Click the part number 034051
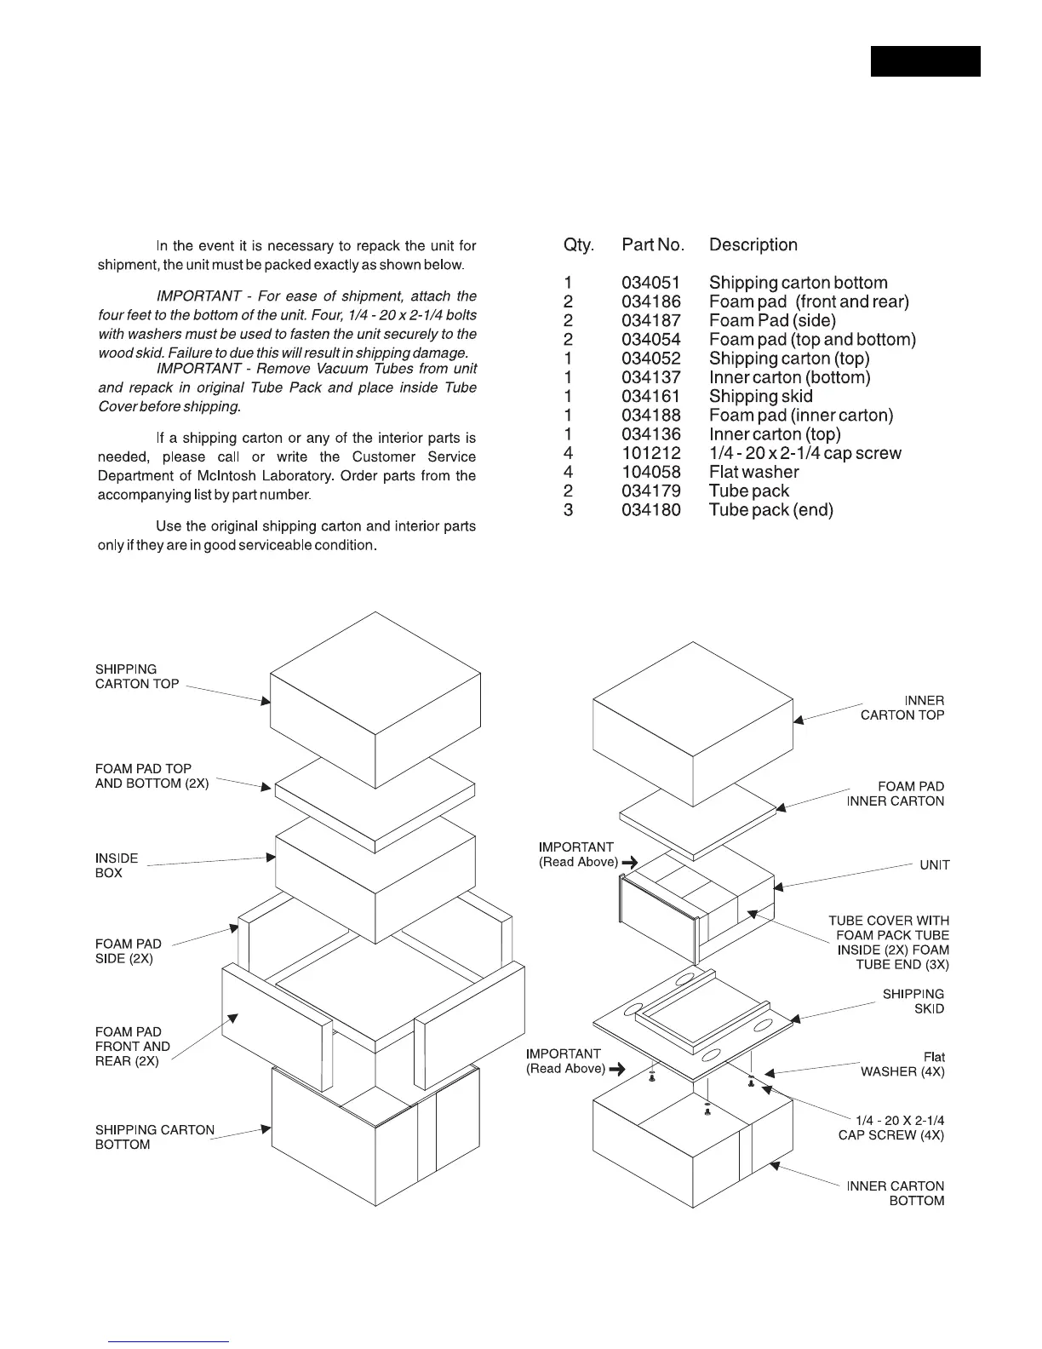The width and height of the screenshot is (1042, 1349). point(650,283)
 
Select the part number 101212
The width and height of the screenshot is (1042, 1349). point(650,453)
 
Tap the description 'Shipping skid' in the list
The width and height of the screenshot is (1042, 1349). point(760,396)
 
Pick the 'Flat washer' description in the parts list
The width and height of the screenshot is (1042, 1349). point(753,472)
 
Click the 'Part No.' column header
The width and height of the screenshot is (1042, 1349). point(653,245)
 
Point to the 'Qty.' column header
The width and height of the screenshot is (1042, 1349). point(578,245)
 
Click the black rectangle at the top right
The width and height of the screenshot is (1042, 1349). point(925,61)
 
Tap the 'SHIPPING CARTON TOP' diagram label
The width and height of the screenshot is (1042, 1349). point(137,677)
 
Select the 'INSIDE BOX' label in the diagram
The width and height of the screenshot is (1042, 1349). point(116,865)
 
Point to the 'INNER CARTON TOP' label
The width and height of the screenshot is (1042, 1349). point(902,708)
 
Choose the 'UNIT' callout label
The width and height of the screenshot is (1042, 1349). point(934,865)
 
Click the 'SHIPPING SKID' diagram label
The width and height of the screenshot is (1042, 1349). point(913,1002)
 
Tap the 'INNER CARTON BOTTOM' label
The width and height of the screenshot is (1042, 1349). point(896,1193)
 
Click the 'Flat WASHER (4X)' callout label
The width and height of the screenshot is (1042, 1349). point(902,1065)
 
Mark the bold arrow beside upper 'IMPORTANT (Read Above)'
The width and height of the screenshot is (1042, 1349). point(629,863)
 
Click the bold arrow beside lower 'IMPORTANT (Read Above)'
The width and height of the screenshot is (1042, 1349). point(617,1069)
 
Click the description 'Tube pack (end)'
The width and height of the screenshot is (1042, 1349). point(770,510)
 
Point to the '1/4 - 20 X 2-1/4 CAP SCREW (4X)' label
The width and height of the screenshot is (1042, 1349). point(891,1128)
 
